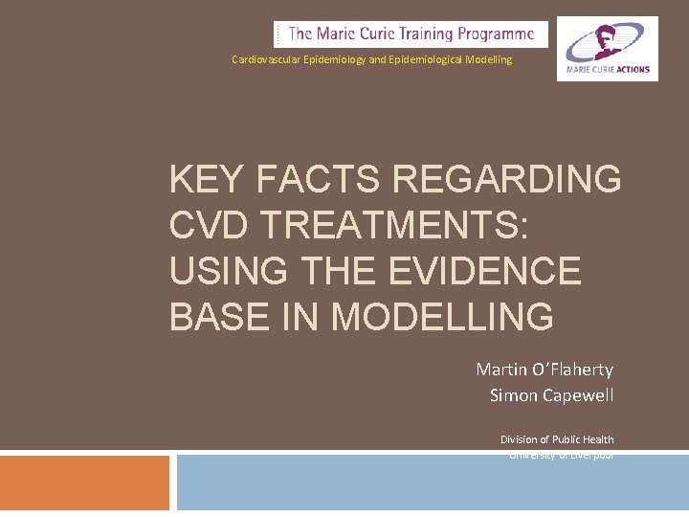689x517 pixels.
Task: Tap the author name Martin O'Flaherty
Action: coord(545,370)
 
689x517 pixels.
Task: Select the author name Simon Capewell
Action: coord(551,394)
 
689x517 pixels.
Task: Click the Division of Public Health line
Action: coord(557,439)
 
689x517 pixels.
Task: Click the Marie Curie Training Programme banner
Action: coord(411,34)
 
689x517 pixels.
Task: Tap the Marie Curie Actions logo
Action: coord(608,48)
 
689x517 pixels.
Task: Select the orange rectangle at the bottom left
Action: coord(84,483)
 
